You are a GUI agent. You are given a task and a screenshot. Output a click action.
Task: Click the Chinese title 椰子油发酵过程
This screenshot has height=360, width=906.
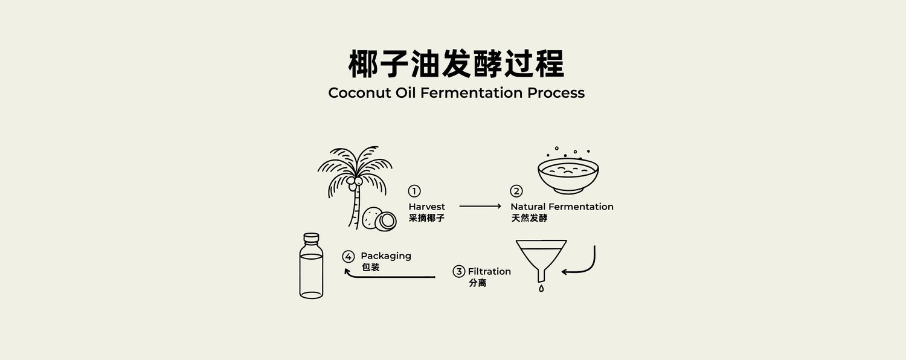tap(456, 64)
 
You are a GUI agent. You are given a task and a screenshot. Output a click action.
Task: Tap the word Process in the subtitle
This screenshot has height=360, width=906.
tap(556, 92)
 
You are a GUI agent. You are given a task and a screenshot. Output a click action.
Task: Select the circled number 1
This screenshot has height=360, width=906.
tap(414, 191)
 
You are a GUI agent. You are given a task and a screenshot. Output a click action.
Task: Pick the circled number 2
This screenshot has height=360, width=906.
tap(516, 191)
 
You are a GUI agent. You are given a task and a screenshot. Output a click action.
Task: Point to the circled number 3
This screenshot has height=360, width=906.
tap(458, 271)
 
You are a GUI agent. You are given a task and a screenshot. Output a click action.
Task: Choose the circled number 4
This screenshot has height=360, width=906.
tap(349, 257)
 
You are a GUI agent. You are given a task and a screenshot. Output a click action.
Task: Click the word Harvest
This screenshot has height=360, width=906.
tap(426, 207)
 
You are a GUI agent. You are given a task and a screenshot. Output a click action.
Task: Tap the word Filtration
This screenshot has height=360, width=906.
tap(489, 271)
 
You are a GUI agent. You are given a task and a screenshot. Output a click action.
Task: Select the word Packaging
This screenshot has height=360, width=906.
tap(386, 257)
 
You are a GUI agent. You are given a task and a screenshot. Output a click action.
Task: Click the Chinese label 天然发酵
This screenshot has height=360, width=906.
tap(529, 219)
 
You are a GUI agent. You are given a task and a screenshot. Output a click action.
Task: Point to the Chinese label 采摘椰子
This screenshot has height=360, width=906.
tap(426, 219)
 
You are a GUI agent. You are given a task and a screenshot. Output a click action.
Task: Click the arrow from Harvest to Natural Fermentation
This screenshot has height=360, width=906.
tap(480, 207)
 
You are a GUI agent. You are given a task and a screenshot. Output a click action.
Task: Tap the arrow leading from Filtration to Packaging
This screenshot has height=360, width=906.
tap(388, 277)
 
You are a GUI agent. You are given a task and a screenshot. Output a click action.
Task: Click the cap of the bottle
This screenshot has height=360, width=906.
tap(311, 237)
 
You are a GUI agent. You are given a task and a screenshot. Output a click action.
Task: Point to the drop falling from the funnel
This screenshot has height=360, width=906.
tap(541, 288)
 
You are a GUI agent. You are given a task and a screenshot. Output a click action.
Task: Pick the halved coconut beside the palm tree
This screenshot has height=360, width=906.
tap(385, 221)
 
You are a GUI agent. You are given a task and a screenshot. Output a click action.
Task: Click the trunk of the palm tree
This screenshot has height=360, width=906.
tap(356, 207)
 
